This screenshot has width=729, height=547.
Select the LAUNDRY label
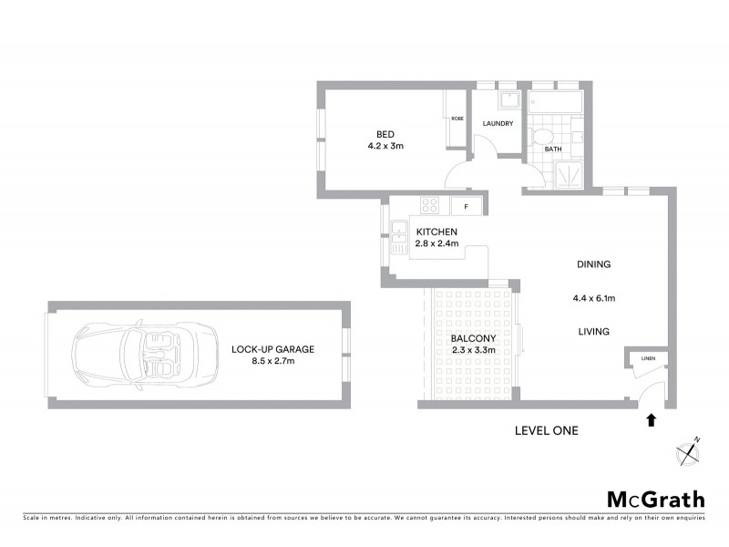pyautogui.click(x=498, y=124)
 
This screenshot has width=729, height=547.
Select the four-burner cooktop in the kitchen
pyautogui.click(x=428, y=205)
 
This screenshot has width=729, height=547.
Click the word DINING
pyautogui.click(x=592, y=264)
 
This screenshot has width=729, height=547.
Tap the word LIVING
pyautogui.click(x=592, y=331)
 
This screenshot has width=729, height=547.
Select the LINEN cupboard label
pyautogui.click(x=648, y=357)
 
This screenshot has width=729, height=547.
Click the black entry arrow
pyautogui.click(x=651, y=420)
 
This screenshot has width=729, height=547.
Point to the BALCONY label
pyautogui.click(x=474, y=339)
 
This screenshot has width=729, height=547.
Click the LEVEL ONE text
pyautogui.click(x=546, y=431)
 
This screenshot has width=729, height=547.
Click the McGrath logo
pyautogui.click(x=656, y=499)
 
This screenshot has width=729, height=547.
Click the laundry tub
pyautogui.click(x=508, y=98)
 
